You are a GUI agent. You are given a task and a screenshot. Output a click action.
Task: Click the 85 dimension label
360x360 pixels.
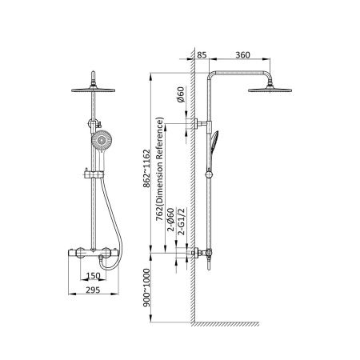point(202,55)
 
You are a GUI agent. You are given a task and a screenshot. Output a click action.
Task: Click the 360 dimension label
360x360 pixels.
point(242,55)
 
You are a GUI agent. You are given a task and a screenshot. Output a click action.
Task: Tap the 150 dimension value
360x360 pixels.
point(93,276)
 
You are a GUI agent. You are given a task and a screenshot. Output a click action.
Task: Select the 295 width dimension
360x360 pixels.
point(93,290)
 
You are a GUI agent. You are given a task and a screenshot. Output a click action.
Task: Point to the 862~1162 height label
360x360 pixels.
point(146,169)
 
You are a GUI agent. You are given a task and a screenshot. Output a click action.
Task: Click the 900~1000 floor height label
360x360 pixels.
point(146,288)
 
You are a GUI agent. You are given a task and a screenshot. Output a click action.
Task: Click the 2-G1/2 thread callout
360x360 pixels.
point(182,222)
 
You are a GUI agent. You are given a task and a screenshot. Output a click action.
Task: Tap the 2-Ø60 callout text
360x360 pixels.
point(171,219)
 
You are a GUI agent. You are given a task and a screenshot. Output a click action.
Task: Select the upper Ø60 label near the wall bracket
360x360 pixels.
point(181,94)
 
